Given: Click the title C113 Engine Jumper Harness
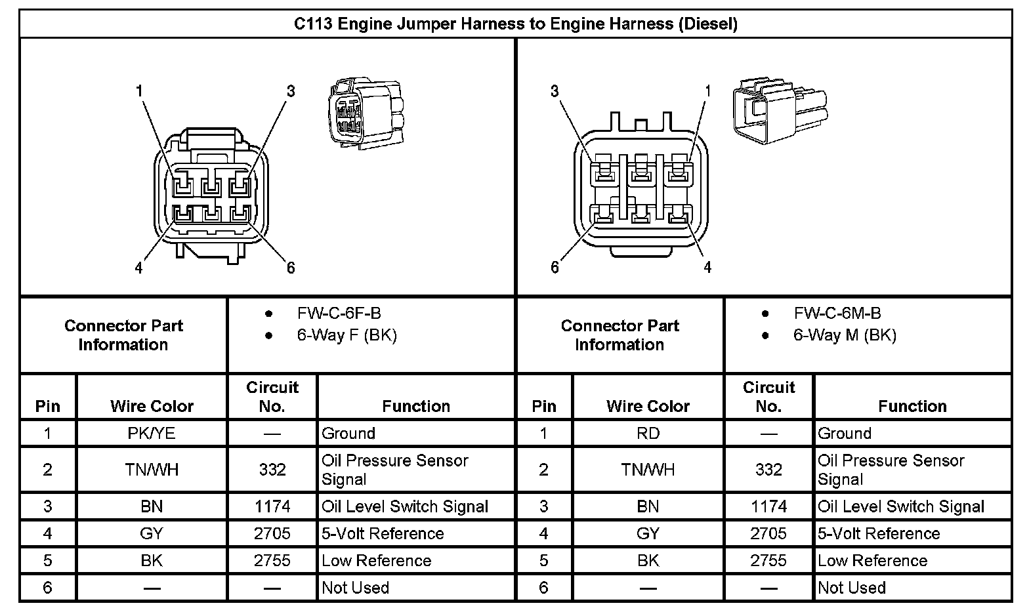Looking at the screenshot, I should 515,24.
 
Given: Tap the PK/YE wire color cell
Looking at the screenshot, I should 152,433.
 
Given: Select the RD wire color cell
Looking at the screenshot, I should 648,433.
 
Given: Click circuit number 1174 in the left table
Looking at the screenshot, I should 272,506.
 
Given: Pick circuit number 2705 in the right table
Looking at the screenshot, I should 768,533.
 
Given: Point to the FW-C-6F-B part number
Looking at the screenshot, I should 339,314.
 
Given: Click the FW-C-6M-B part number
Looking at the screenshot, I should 837,314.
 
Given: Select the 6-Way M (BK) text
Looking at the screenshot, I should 845,335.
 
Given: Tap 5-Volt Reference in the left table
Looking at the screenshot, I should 383,533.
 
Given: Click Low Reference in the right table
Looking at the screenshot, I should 872,560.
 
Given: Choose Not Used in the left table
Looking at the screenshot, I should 355,587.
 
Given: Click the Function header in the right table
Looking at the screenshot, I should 912,406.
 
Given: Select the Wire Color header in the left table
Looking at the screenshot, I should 152,406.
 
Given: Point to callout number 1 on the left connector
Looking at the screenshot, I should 139,91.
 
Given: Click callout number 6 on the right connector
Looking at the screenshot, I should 555,267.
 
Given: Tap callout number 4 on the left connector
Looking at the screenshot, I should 138,268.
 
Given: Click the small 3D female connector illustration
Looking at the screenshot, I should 365,112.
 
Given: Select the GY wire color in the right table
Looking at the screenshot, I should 648,533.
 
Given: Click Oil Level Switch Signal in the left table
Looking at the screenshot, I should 405,506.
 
